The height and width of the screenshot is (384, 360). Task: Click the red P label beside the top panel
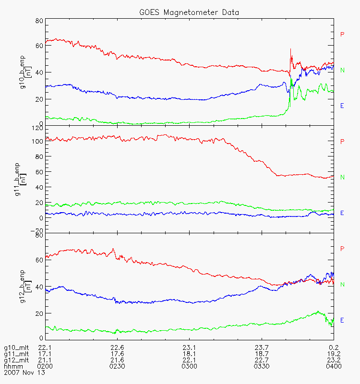click(342, 34)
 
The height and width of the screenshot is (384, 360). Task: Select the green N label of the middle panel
click(342, 177)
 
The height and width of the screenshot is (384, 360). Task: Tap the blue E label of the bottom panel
click(342, 320)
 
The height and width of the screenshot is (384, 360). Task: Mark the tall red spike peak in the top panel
click(290, 49)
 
